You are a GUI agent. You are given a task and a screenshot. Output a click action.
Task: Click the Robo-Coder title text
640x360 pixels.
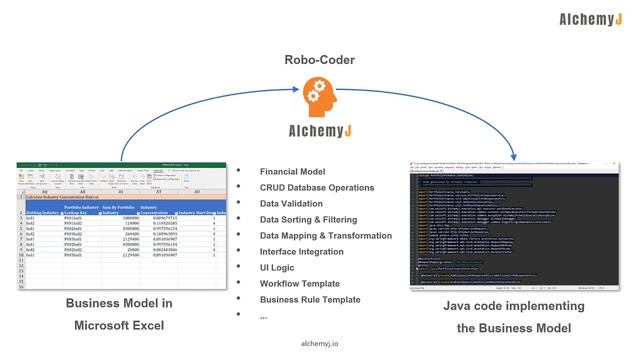(319, 60)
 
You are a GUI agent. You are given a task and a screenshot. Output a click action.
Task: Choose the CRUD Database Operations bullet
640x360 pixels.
(317, 187)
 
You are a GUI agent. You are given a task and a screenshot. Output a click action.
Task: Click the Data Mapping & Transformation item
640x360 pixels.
(326, 235)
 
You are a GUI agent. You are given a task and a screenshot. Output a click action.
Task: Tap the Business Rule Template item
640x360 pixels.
(309, 299)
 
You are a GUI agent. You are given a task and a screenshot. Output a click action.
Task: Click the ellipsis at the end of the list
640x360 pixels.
(264, 315)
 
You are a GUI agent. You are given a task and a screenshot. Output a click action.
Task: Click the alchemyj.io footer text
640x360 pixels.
(319, 343)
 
